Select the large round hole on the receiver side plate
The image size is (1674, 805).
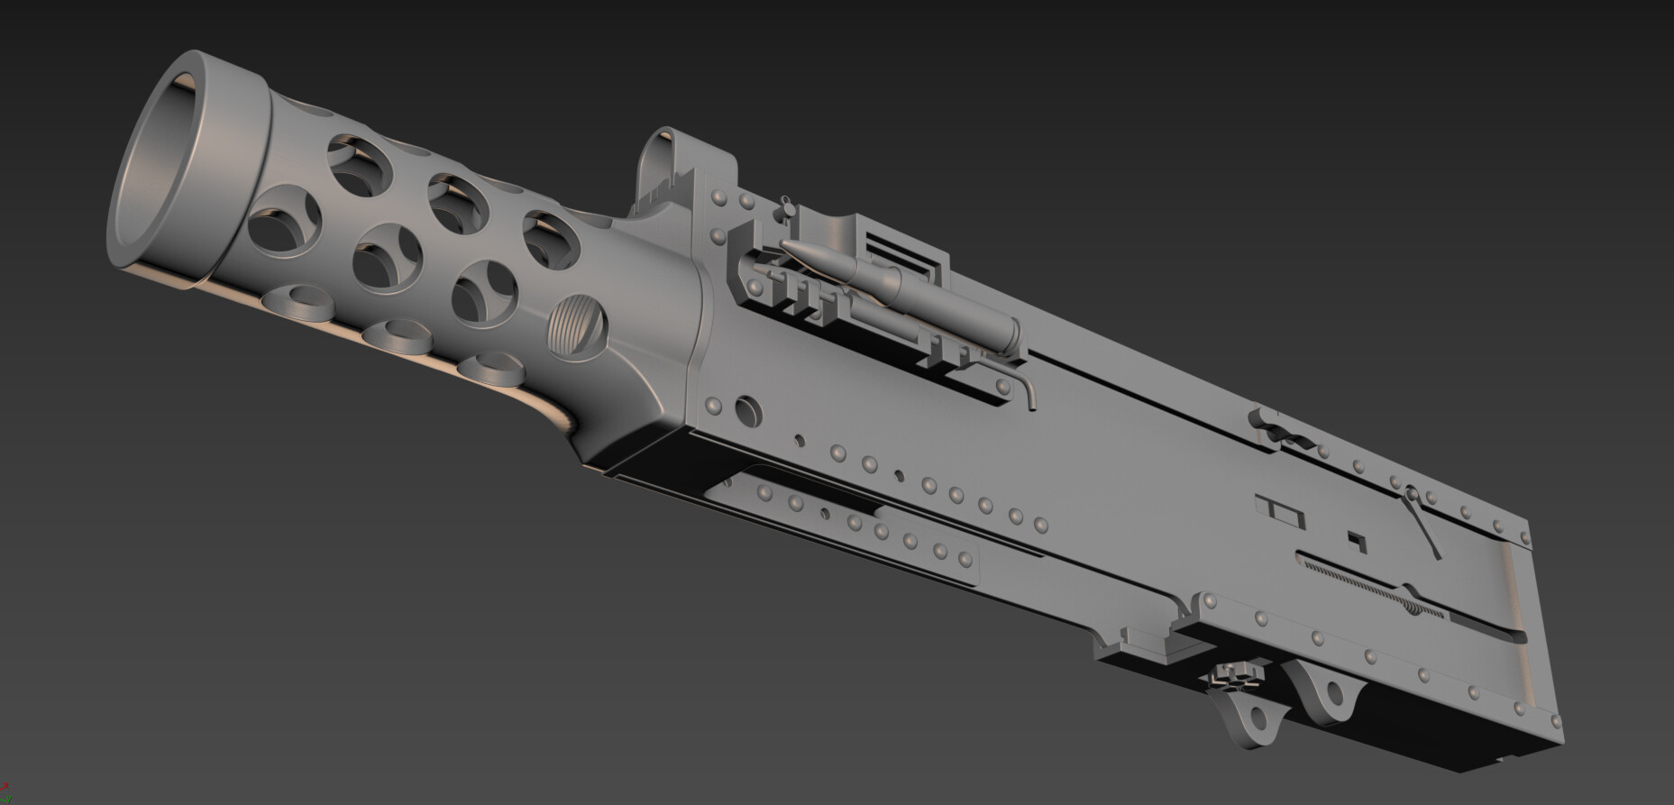tap(747, 408)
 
